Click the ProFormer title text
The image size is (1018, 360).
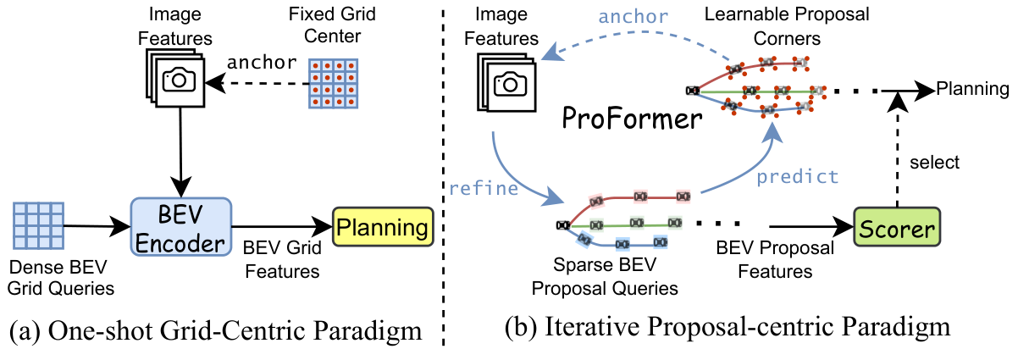click(x=633, y=119)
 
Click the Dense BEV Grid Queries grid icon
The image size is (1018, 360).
click(x=39, y=224)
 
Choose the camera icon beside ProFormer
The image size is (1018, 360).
click(x=507, y=82)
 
